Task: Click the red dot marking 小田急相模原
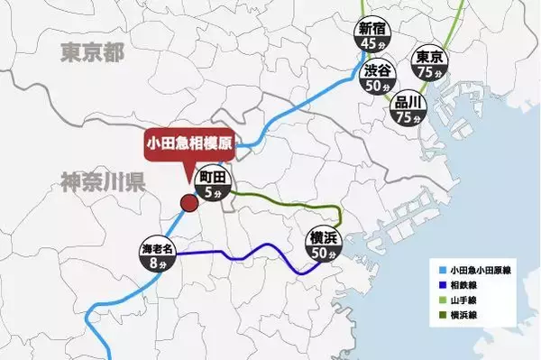pos(189,202)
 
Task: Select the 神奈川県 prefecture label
pos(98,183)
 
